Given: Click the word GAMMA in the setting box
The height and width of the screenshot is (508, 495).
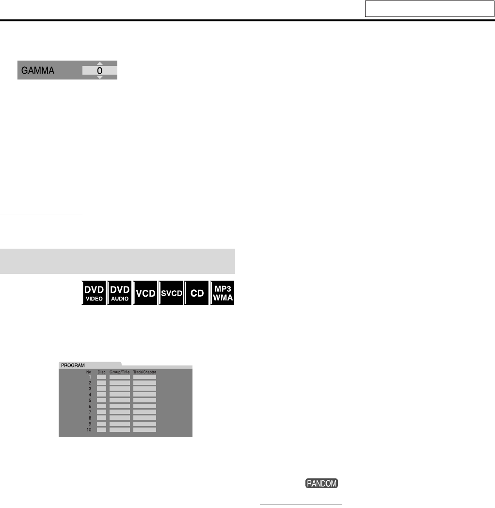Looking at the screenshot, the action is tap(37, 70).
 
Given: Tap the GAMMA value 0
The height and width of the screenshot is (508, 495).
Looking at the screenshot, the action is tap(99, 70).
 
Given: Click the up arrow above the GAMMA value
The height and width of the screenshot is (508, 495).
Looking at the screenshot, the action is tap(100, 63).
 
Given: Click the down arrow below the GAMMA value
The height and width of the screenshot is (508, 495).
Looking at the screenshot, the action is tap(100, 78).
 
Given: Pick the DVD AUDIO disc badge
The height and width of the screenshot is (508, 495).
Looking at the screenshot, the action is tap(119, 292).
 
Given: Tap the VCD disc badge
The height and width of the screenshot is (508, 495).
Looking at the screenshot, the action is tap(145, 293).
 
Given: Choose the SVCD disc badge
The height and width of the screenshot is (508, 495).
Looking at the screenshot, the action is tap(171, 293).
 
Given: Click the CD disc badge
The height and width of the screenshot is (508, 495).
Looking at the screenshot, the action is tap(197, 293).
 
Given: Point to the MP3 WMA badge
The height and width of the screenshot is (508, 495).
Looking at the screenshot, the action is tap(223, 292).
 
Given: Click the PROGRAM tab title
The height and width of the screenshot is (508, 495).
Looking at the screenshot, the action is tap(72, 365).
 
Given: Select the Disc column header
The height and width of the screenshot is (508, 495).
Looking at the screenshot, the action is tap(101, 372).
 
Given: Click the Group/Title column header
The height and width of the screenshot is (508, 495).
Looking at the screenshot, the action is tap(119, 372).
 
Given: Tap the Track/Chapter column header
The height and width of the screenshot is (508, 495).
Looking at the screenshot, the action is tap(144, 372).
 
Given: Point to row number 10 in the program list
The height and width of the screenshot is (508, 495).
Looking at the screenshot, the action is tap(88, 429).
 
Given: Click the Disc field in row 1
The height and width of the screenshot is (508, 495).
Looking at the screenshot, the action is tap(101, 377).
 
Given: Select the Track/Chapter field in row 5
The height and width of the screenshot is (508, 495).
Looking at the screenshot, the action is tap(144, 400).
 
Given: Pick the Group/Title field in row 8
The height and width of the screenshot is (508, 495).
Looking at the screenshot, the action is tap(119, 418).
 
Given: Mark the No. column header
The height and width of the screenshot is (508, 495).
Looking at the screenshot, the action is tap(89, 372).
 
